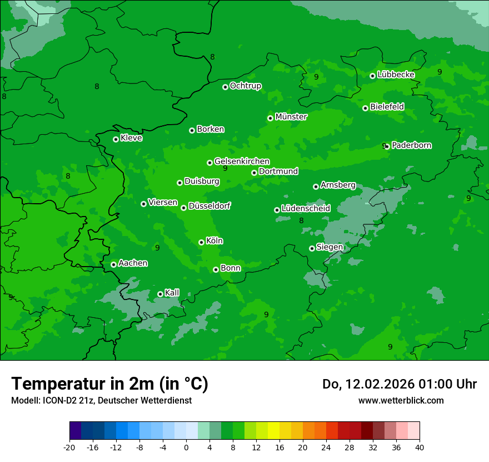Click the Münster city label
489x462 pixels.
[291, 117]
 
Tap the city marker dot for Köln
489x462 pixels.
[201, 242]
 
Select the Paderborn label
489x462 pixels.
[411, 145]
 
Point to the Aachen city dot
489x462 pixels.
[113, 264]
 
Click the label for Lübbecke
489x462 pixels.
[396, 75]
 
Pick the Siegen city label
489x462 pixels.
[330, 247]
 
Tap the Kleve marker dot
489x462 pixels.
[116, 139]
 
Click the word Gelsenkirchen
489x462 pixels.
[242, 161]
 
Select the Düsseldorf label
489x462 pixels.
[209, 206]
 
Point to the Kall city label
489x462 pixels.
[172, 293]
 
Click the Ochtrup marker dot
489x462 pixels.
[225, 87]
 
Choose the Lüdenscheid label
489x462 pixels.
[306, 209]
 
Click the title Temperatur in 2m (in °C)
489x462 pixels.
[109, 384]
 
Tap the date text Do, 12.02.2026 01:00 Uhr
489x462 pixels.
[399, 384]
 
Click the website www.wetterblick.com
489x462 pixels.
[401, 400]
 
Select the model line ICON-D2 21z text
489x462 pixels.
[101, 400]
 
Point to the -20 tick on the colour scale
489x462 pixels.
[69, 447]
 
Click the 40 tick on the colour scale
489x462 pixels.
[419, 447]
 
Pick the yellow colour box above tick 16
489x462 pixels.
[274, 431]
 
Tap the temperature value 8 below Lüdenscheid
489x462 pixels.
[301, 221]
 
